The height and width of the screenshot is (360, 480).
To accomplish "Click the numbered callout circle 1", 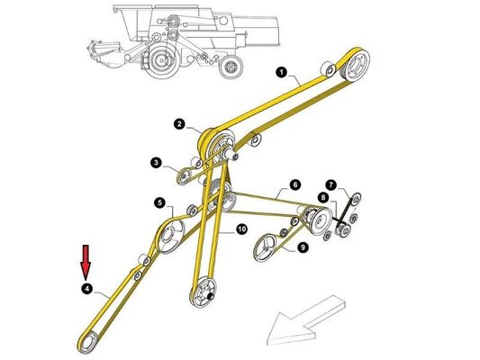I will click(x=281, y=71).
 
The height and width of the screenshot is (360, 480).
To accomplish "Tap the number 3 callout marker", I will click(x=156, y=163).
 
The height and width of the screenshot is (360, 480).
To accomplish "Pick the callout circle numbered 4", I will click(x=86, y=289).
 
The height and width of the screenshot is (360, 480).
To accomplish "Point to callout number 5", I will click(x=158, y=203).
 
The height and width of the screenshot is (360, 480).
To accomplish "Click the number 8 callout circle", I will click(x=322, y=197).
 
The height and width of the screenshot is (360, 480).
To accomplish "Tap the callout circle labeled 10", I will click(x=241, y=230).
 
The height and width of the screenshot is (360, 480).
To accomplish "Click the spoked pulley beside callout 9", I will click(x=268, y=246).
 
